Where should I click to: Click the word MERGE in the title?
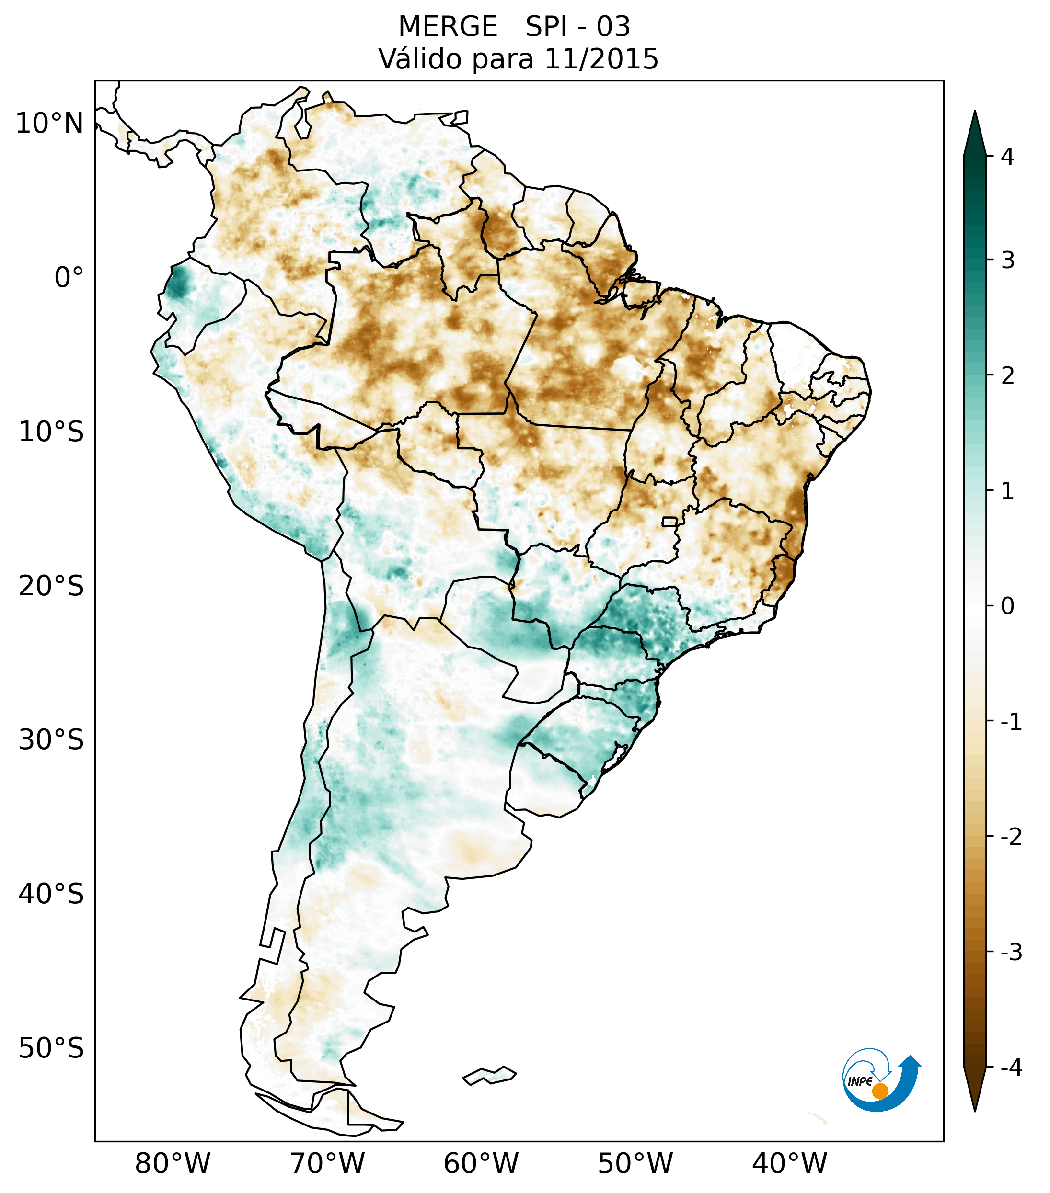click(x=448, y=27)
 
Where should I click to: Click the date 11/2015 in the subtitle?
click(x=601, y=59)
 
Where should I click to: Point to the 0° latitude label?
click(x=69, y=278)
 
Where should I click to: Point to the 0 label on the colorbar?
click(x=1007, y=606)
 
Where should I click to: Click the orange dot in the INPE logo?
click(x=879, y=1091)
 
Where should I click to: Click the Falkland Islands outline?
click(x=489, y=1075)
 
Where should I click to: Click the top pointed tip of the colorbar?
click(x=975, y=113)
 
